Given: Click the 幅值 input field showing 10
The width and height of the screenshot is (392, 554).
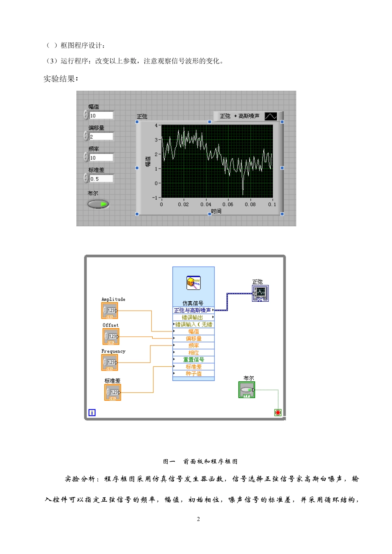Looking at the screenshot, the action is coord(101,115).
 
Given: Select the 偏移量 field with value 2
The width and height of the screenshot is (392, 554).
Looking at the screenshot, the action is coord(101,136).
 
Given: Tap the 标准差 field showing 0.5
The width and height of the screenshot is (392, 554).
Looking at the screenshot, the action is coord(101,178).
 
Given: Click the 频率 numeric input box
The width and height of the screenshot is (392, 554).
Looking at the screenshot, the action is coord(101,157).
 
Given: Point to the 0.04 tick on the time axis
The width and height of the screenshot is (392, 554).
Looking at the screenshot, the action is coord(206,204).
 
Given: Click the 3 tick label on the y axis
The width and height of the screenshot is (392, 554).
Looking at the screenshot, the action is coord(156,140).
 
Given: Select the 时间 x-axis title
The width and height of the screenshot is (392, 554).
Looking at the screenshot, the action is coord(216,211).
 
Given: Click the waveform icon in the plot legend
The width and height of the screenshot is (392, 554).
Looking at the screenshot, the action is coord(271,116).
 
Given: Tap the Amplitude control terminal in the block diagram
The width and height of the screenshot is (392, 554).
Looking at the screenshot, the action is coord(109,311).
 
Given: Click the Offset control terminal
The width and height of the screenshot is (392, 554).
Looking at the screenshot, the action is coord(111,337).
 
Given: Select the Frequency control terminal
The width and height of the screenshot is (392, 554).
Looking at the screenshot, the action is coord(109,363).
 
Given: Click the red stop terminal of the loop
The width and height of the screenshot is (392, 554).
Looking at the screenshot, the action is coord(278,413).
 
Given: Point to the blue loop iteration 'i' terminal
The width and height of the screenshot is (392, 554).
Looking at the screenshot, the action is coord(92,413).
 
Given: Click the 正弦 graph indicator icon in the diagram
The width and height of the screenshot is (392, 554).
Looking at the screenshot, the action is coord(260,293).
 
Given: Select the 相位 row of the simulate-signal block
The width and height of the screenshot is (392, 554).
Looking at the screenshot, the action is coord(194,352).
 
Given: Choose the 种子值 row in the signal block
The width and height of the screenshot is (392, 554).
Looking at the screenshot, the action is coord(194,373).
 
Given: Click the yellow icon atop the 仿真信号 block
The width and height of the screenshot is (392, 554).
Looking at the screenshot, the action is coord(194,283).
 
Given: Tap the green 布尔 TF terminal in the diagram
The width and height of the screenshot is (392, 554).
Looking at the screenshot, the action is coord(247,390).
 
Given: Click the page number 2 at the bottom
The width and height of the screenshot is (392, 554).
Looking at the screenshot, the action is coord(198,519).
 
